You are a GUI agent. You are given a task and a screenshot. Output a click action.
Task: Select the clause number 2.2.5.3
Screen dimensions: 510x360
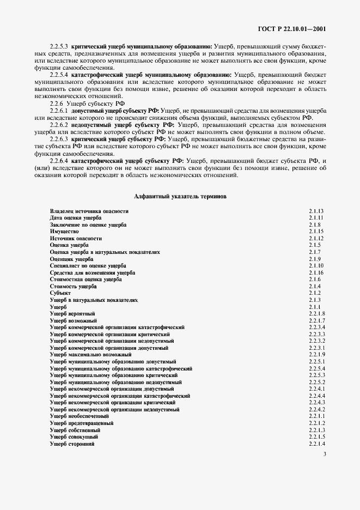coord(58,47)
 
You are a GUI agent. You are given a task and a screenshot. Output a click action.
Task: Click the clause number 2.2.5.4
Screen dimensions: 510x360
coord(58,74)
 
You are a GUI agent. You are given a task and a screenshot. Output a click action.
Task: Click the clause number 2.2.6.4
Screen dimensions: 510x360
coord(58,161)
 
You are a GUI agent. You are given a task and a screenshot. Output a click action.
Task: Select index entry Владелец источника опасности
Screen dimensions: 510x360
coord(89,211)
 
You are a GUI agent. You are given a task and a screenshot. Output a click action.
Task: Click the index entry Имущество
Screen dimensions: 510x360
coord(64,232)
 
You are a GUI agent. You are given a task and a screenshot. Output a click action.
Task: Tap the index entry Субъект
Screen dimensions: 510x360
coord(60,293)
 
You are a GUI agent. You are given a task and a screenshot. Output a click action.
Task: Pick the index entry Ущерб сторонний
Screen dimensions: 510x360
coord(72,444)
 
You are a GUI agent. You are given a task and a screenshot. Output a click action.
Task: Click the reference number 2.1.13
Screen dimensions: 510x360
coord(316,211)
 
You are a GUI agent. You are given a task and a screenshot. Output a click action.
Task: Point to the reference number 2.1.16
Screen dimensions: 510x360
coord(316,272)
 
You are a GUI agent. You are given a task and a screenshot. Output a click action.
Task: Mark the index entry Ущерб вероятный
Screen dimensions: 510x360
coord(72,314)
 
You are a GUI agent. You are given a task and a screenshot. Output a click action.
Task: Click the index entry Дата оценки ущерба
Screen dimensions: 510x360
coord(76,218)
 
